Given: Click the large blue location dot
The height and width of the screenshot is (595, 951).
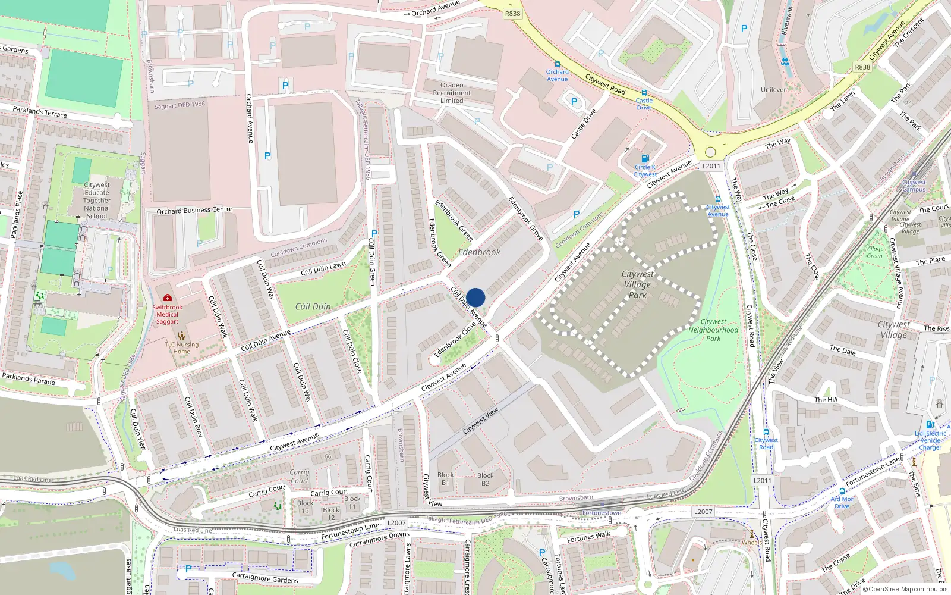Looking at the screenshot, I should [475, 297].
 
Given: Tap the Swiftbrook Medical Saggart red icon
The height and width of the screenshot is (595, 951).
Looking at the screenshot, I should [168, 297].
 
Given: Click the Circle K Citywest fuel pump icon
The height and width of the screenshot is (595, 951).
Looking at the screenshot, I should [645, 159].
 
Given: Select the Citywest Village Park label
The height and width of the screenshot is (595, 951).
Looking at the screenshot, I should [637, 284].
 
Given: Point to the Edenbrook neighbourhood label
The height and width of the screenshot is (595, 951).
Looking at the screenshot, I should [479, 252].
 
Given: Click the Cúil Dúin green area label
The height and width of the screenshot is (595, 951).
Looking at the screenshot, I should [313, 306].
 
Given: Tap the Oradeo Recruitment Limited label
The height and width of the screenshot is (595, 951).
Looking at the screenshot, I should [452, 93].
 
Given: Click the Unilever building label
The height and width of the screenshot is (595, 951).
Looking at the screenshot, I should [773, 90].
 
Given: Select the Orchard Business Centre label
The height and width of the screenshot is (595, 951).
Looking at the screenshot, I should [194, 210].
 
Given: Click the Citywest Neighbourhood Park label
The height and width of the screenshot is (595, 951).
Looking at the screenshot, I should [713, 330].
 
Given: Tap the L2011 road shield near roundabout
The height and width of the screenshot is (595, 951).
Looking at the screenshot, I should [711, 166].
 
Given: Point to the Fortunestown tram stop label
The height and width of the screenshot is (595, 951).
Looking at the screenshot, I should [602, 513].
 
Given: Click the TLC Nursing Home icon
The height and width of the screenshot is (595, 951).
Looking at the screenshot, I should [182, 336].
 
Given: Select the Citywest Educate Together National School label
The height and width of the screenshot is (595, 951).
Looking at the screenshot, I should [97, 201].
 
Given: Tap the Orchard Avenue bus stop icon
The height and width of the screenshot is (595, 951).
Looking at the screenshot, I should [558, 64].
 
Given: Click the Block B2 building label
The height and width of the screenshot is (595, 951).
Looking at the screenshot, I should [485, 479].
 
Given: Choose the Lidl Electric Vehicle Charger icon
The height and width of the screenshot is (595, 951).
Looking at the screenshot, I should [930, 425].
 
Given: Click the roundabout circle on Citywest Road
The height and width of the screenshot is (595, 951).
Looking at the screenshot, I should [710, 152].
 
